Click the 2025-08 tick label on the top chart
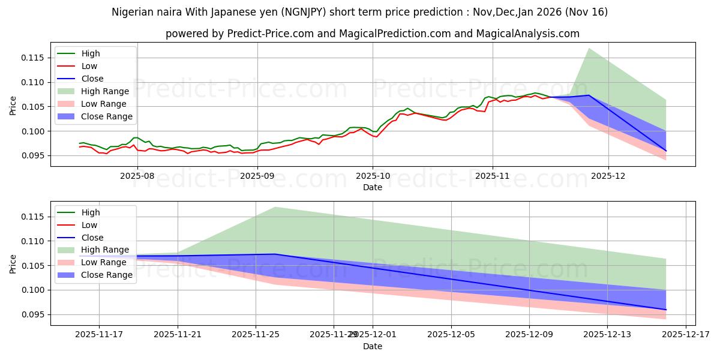pyautogui.click(x=137, y=176)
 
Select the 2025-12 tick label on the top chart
pyautogui.click(x=608, y=176)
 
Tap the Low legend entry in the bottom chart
pyautogui.click(x=89, y=225)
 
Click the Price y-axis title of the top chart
pyautogui.click(x=13, y=106)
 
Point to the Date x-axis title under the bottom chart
pyautogui.click(x=372, y=346)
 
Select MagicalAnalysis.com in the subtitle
pyautogui.click(x=527, y=34)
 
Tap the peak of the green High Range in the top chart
pyautogui.click(x=589, y=49)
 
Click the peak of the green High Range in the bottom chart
pyautogui.click(x=275, y=207)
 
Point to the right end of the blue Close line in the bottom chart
pyautogui.click(x=666, y=310)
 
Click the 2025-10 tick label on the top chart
pyautogui.click(x=372, y=176)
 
